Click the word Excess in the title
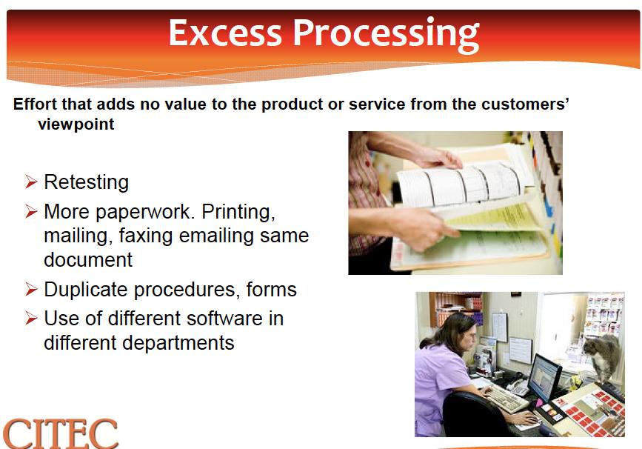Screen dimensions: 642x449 [225, 33]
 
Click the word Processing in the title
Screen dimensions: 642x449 [386, 36]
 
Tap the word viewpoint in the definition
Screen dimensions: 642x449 [76, 124]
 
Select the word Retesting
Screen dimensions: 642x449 [87, 182]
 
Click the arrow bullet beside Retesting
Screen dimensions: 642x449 [31, 182]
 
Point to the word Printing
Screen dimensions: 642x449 [238, 212]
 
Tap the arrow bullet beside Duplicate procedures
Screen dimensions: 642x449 [31, 289]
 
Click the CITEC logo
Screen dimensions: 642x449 [61, 433]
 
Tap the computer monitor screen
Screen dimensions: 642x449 [544, 378]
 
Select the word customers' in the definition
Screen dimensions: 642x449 [525, 104]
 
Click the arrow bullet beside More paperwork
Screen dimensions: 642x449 [31, 212]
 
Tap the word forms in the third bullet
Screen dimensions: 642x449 [272, 289]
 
